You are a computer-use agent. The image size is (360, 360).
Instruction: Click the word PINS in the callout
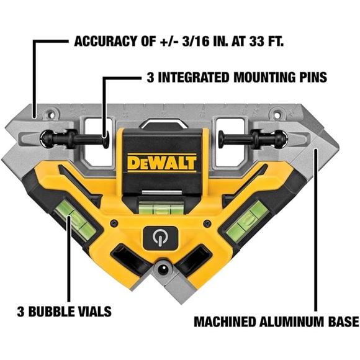310,79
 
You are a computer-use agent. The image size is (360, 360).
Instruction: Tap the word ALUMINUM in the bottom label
286,322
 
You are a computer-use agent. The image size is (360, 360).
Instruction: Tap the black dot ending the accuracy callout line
35,115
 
